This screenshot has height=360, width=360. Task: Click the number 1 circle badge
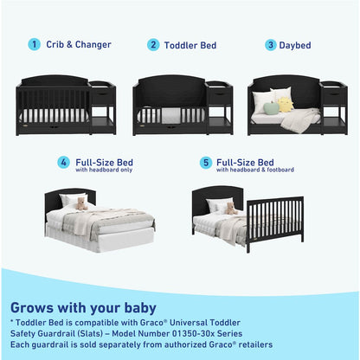(34, 44)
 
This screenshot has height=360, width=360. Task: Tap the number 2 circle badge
(153, 44)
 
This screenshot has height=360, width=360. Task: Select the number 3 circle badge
(271, 44)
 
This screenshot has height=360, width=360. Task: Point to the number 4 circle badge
(63, 163)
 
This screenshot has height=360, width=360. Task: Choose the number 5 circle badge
(205, 163)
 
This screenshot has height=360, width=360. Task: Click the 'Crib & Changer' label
(78, 44)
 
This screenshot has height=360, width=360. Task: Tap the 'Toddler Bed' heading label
(190, 44)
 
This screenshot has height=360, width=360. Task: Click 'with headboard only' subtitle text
(103, 170)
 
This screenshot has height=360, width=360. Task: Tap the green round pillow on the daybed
(270, 108)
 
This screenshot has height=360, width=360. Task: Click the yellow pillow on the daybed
(286, 104)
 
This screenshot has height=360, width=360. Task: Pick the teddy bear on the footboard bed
(230, 209)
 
